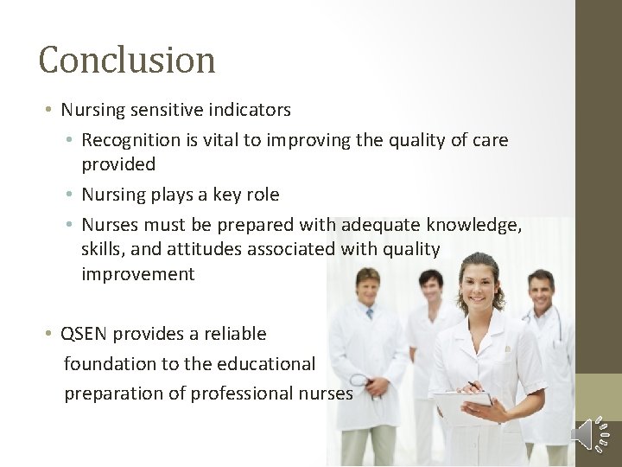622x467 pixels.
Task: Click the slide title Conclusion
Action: coord(127,61)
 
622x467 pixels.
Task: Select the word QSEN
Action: coord(85,334)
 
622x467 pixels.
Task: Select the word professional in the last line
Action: coord(241,393)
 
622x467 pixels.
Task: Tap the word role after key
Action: coord(263,195)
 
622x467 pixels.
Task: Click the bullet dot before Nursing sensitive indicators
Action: coord(51,111)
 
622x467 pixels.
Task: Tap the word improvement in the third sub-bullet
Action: coord(138,275)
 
